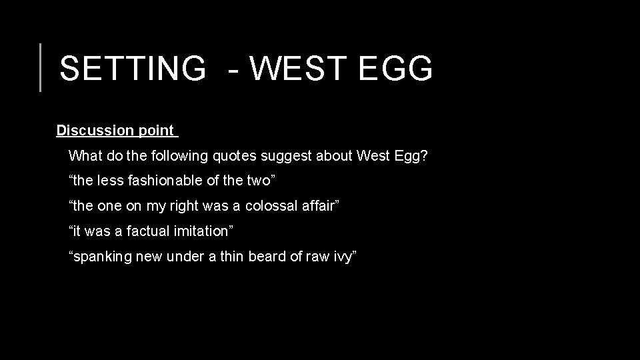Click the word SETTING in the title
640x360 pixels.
pos(133,68)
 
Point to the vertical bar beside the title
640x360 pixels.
pos(40,67)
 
